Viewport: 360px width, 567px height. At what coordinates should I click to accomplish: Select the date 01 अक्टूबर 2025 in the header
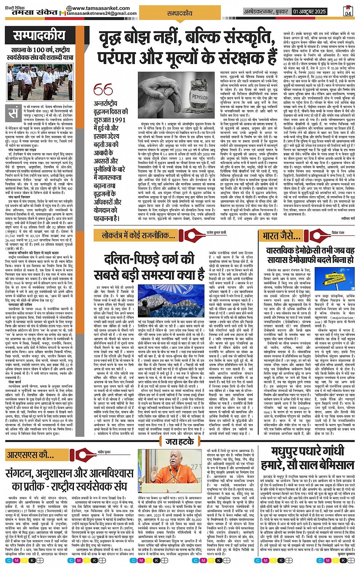[x=309, y=11]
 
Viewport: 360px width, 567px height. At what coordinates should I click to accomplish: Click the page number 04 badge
[x=348, y=11]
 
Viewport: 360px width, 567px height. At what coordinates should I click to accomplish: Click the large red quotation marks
[x=103, y=90]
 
